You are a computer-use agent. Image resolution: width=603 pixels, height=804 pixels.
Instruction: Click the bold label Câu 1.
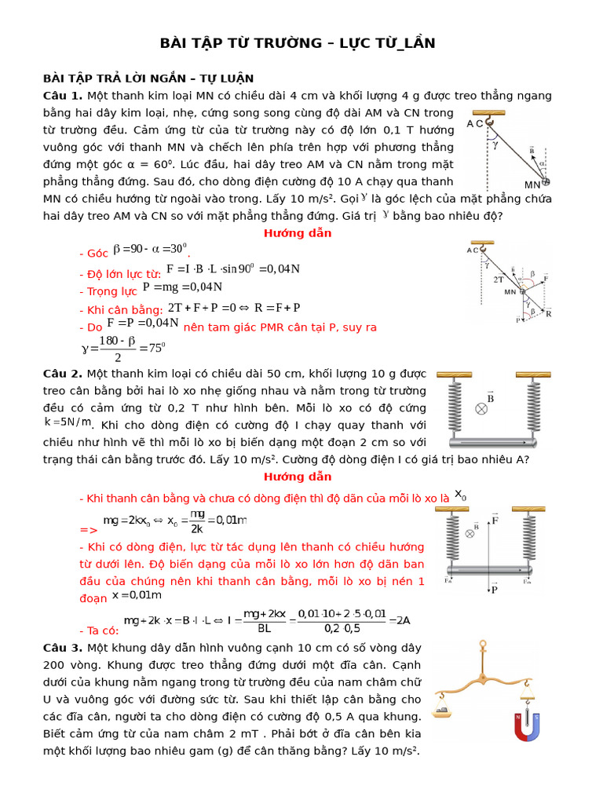tap(62, 96)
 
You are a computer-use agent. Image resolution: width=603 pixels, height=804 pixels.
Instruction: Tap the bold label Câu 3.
tap(62, 648)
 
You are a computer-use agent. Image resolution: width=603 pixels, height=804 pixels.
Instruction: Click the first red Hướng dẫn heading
tap(298, 233)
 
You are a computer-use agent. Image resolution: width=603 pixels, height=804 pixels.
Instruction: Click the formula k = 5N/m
tap(68, 422)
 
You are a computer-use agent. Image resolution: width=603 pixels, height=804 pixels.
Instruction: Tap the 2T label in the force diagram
tap(498, 279)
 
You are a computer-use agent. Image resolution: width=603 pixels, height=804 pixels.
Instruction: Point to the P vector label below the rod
tap(495, 590)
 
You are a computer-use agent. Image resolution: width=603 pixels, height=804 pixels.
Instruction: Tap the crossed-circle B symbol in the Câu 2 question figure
tap(481, 408)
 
